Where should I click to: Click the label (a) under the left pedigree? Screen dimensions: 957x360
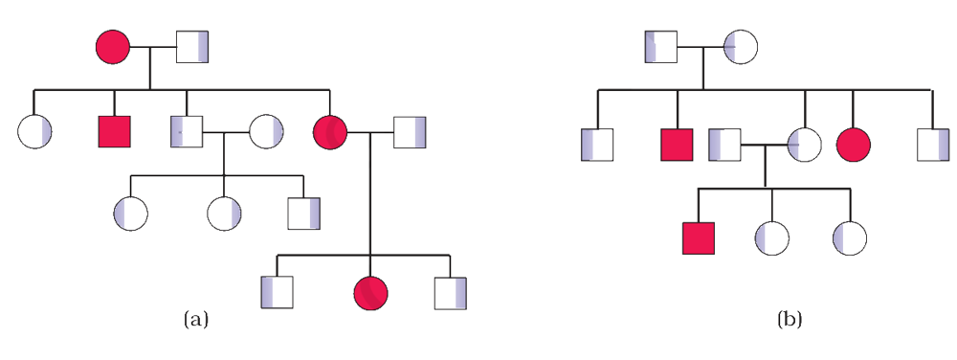coord(196,320)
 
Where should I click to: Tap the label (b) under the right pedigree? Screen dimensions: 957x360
coord(790,320)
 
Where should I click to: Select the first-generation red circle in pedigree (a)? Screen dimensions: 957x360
coord(113,46)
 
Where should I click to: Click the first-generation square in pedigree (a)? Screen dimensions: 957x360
coord(192,46)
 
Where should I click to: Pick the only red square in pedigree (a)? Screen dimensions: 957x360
coord(115,131)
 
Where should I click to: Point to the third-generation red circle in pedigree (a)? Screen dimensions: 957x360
coord(371,293)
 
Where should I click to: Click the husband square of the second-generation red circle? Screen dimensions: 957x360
coord(410,132)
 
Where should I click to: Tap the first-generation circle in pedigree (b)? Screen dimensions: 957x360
coord(741,46)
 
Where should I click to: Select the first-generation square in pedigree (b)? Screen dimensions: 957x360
coord(661,46)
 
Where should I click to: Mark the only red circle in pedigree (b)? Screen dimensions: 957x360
coord(854,146)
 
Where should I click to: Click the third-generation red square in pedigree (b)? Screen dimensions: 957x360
coord(699,238)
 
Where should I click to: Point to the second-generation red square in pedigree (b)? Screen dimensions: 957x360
coord(677,145)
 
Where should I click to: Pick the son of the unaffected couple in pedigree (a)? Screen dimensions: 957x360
coord(304,213)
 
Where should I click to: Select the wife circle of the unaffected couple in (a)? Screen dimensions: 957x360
coord(266,132)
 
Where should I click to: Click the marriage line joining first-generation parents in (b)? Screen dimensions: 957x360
coord(701,46)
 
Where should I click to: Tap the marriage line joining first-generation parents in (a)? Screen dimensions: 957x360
coord(153,46)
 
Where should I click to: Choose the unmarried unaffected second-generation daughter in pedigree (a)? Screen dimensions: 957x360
coord(34,132)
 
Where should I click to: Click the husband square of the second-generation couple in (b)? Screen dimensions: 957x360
coord(725,145)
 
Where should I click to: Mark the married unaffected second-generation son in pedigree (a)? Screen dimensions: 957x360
coord(187,131)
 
